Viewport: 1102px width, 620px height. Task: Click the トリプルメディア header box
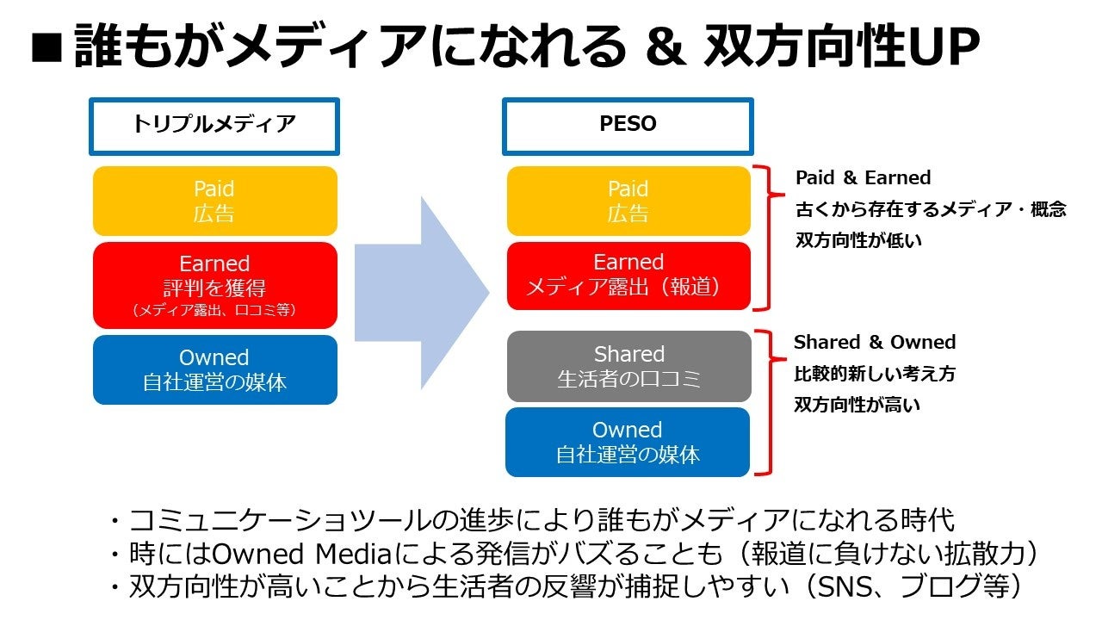214,125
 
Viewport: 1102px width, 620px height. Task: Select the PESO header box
628,125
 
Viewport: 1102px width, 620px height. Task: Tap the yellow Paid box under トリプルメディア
214,201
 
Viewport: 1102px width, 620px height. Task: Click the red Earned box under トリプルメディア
214,285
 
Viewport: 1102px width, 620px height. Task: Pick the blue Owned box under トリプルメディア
214,369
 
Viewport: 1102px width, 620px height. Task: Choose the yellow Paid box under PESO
628,201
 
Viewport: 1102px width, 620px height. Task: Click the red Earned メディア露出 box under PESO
628,274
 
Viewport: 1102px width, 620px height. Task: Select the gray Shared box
628,366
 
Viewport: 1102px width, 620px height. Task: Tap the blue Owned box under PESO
628,442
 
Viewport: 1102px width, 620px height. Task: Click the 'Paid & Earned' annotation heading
863,178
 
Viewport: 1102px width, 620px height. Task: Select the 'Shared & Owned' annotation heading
875,342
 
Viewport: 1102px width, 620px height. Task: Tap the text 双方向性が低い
857,241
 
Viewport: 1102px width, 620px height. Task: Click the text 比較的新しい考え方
874,374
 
